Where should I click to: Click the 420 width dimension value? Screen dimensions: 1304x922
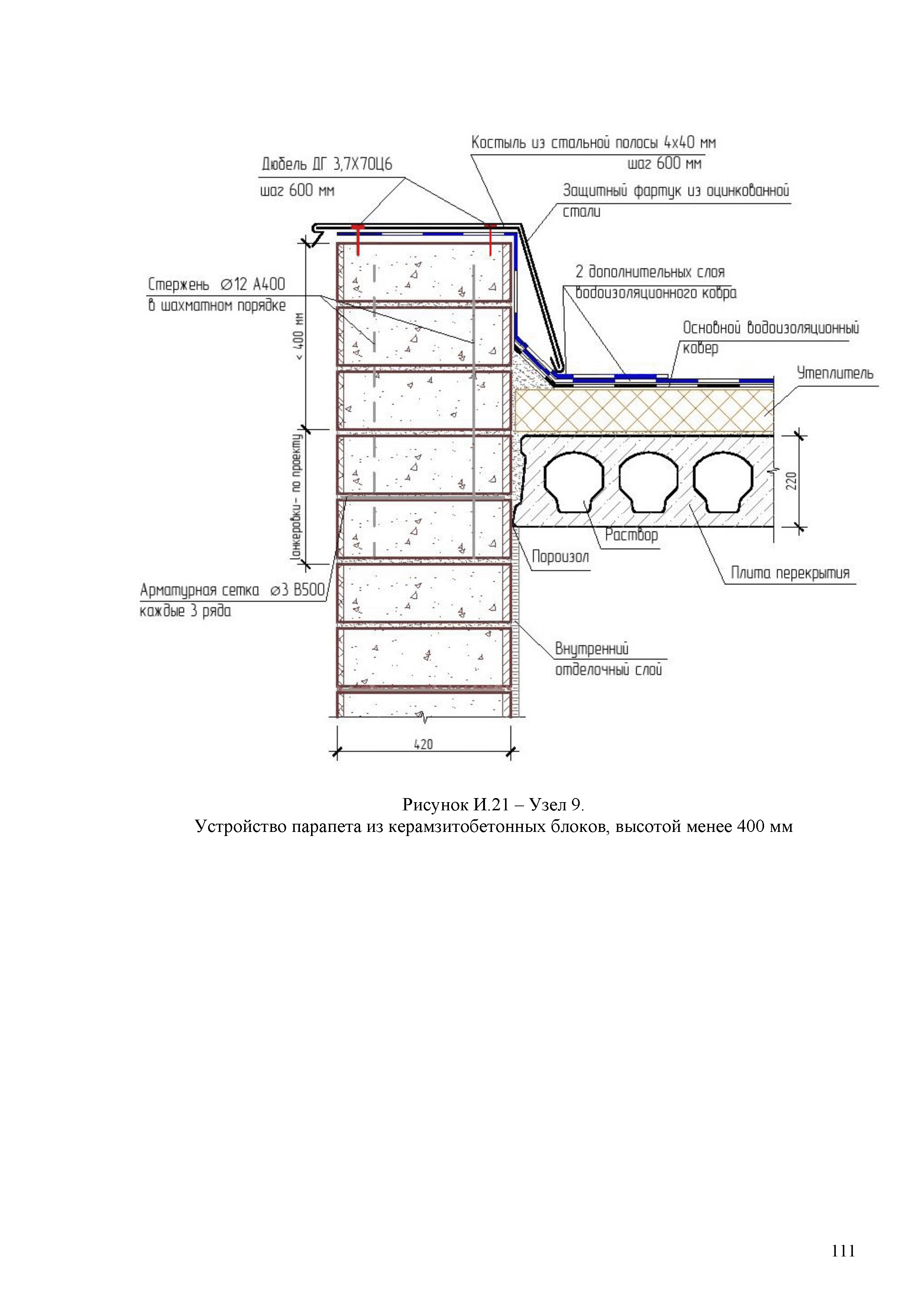424,744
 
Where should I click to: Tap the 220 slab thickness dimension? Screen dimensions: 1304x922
793,481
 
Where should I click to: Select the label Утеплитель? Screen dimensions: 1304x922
835,374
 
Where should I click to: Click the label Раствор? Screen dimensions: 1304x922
631,535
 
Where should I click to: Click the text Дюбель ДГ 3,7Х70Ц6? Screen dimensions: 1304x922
326,165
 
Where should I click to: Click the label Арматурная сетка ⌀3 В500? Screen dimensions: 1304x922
232,591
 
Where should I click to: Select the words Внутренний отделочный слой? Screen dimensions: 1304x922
608,659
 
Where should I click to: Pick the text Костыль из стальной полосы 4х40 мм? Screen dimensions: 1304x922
593,142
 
